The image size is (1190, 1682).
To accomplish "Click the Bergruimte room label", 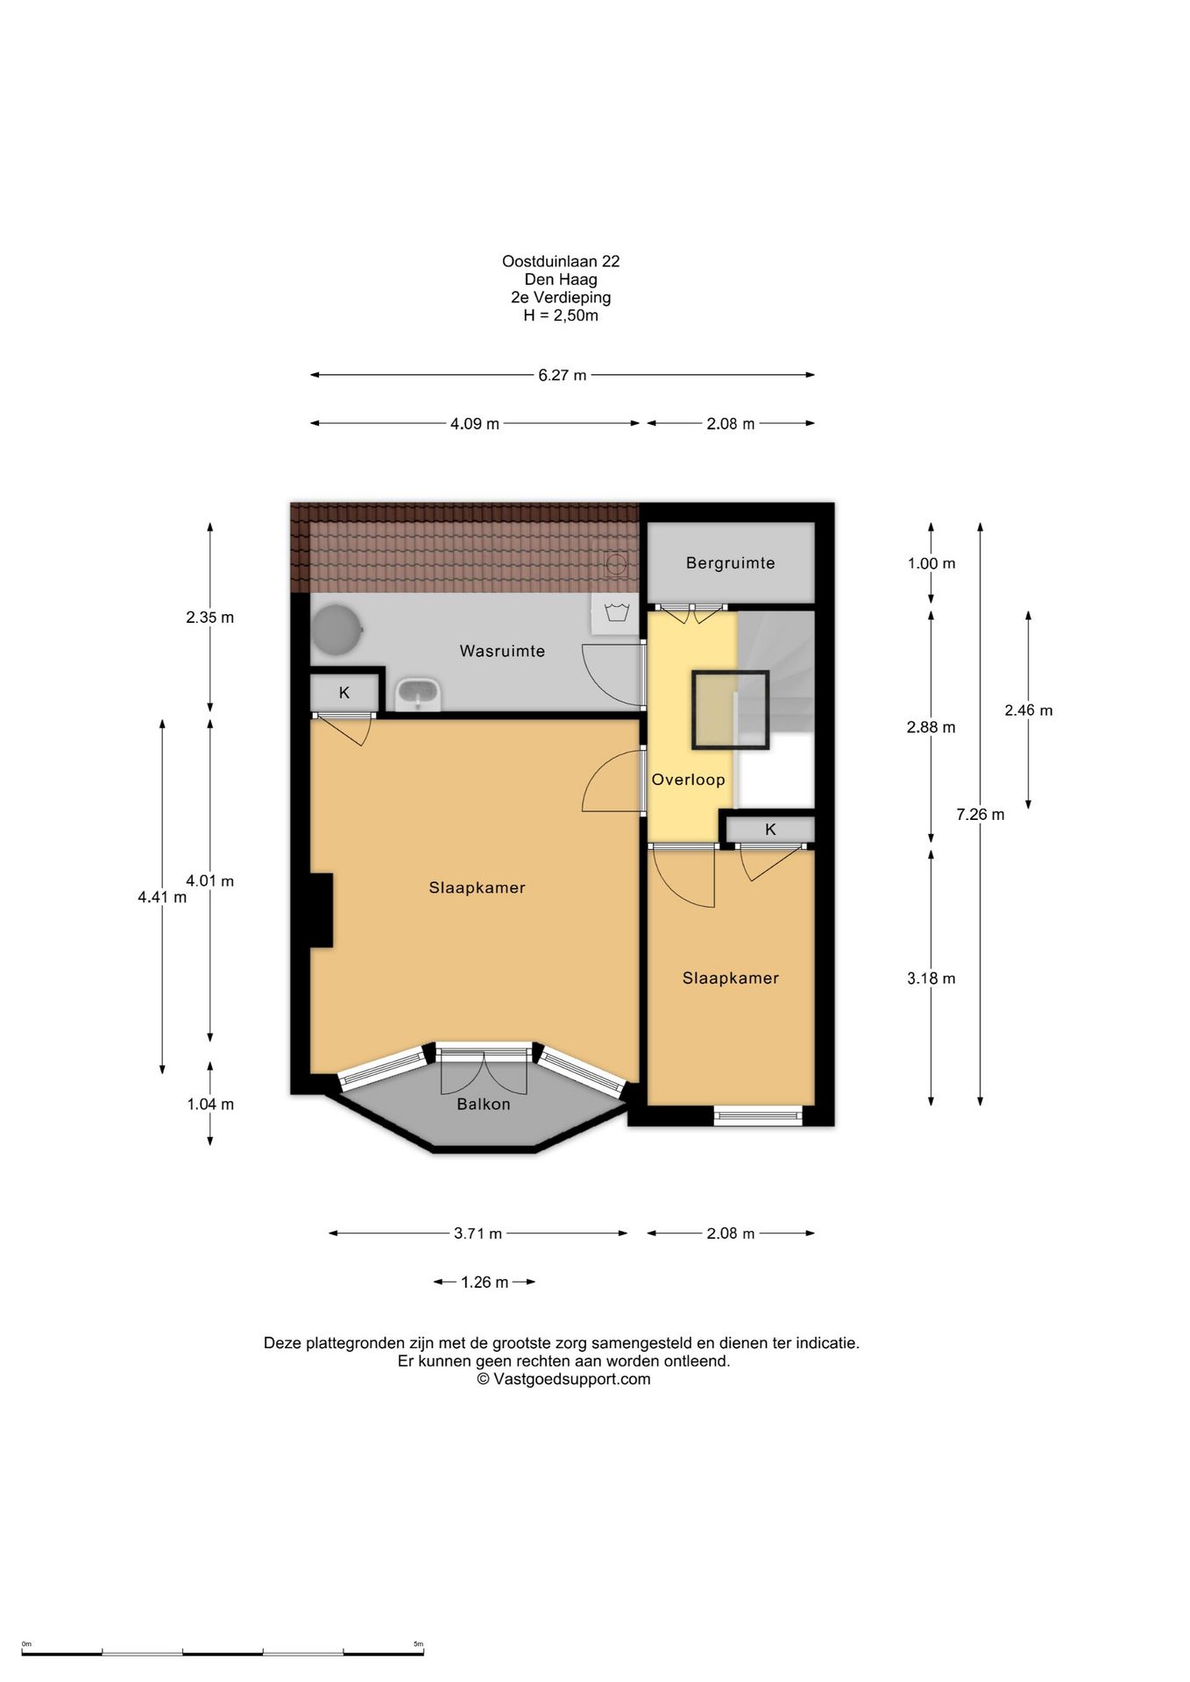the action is pyautogui.click(x=730, y=563).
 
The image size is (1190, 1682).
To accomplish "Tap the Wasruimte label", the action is pyautogui.click(x=502, y=651).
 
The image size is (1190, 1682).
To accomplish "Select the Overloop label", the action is pyautogui.click(x=688, y=780).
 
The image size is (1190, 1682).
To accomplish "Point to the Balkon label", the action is pyautogui.click(x=483, y=1104).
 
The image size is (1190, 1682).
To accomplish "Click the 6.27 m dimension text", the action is pyautogui.click(x=563, y=375).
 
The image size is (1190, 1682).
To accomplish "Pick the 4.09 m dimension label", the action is pyautogui.click(x=475, y=424).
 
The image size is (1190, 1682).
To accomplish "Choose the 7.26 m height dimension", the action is pyautogui.click(x=981, y=815).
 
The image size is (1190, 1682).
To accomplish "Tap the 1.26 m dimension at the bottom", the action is pyautogui.click(x=485, y=1283).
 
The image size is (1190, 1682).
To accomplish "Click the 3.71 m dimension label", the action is pyautogui.click(x=478, y=1233).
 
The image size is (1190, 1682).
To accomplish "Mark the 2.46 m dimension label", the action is pyautogui.click(x=1029, y=710).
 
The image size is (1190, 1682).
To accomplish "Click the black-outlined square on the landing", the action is pyautogui.click(x=730, y=710).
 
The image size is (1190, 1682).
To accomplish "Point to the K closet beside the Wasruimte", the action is pyautogui.click(x=344, y=693).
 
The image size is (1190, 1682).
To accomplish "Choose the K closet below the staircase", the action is pyautogui.click(x=770, y=829).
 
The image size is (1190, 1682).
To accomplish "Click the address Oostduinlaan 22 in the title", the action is pyautogui.click(x=561, y=261).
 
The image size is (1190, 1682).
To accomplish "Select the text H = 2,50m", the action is pyautogui.click(x=561, y=315).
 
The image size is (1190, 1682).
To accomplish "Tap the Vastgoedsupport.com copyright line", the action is pyautogui.click(x=563, y=1379).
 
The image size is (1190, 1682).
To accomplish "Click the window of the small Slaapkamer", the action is pyautogui.click(x=757, y=1116).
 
